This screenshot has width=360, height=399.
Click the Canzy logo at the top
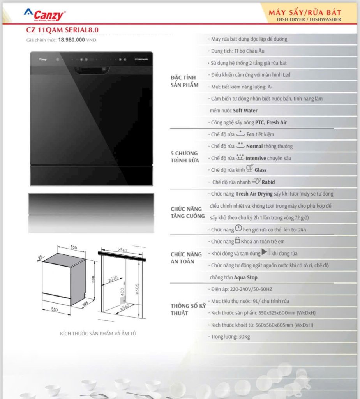45,15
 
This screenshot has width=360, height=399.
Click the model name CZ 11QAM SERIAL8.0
62,30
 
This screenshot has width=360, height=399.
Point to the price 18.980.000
71,40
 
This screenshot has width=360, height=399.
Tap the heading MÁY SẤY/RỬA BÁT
305,12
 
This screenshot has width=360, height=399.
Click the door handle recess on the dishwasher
92,70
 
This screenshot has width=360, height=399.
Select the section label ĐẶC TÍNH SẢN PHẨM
184,81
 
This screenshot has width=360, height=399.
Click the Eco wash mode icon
240,133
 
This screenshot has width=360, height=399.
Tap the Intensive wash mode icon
240,157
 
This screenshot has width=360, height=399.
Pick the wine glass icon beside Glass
250,168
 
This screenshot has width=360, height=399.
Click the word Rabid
268,182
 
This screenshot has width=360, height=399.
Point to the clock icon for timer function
238,228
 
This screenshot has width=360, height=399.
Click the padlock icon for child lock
237,240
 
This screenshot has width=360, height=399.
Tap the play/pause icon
266,252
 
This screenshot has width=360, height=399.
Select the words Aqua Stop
245,277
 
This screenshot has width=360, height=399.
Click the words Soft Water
245,110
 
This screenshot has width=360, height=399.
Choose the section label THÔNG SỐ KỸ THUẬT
188,309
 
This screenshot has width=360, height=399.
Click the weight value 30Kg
244,337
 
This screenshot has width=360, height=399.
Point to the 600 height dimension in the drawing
93,279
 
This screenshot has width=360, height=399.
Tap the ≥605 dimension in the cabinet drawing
137,289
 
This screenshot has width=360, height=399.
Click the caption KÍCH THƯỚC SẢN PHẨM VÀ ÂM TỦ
98,334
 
